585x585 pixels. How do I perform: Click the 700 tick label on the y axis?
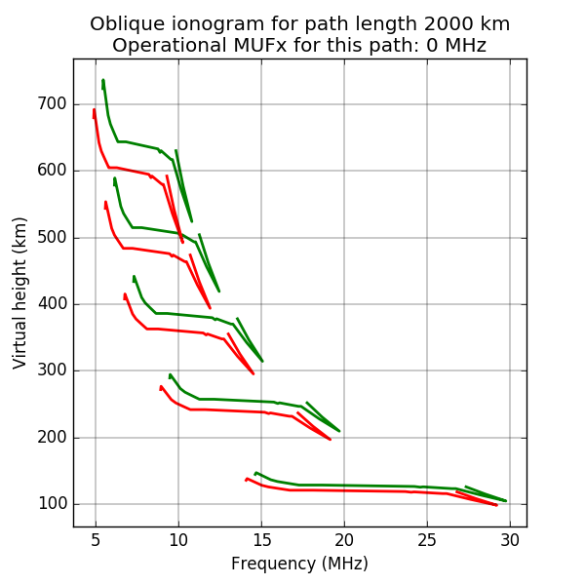tap(52, 104)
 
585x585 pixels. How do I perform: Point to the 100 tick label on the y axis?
tap(52, 504)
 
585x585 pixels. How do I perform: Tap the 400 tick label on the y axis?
tap(52, 304)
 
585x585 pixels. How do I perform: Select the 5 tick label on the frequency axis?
tap(96, 539)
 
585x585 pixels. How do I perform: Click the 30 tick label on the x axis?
tap(510, 539)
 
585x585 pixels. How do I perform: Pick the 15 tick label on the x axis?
tap(261, 539)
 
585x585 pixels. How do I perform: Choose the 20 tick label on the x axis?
tap(344, 539)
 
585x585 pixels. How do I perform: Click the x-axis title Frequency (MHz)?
tap(299, 564)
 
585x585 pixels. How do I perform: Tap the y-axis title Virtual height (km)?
tap(20, 292)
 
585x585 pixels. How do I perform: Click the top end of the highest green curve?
tap(102, 80)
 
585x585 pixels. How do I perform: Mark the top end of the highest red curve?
tap(94, 109)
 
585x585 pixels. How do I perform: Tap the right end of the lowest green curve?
tap(506, 501)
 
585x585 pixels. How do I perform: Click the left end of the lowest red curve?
tap(246, 479)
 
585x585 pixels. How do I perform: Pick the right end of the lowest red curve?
tap(497, 505)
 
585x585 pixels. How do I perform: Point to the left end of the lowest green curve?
tap(254, 473)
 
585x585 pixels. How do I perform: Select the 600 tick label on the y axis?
tap(52, 171)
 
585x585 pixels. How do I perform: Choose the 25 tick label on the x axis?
tap(427, 539)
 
